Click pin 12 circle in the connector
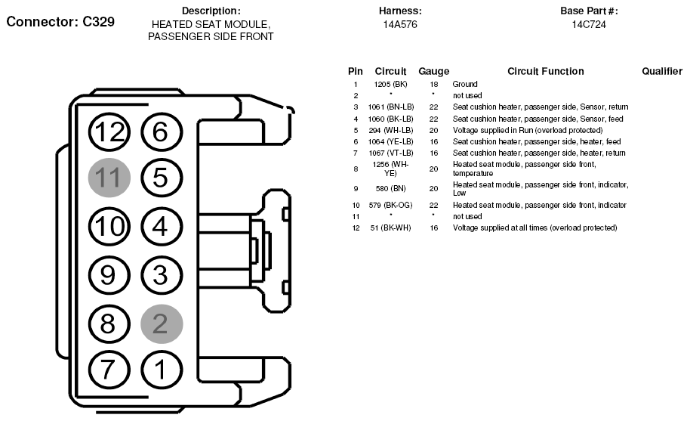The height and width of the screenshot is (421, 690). [x=109, y=132]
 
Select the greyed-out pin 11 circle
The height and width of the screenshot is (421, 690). [x=109, y=178]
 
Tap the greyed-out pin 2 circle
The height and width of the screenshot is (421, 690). [x=162, y=323]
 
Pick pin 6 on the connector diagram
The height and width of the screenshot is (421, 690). [x=162, y=132]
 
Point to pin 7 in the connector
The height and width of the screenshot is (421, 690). [x=109, y=370]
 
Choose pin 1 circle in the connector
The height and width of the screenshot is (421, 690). [x=162, y=370]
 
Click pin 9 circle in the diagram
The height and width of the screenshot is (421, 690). [x=109, y=274]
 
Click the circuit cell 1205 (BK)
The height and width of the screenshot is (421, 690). [x=390, y=84]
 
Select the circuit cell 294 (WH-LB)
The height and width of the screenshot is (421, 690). [x=390, y=130]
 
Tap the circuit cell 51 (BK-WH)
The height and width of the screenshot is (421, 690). [x=390, y=228]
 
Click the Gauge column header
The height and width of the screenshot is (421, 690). [x=433, y=71]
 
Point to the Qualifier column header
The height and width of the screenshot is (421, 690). [x=662, y=71]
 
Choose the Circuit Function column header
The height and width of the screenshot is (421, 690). [x=545, y=71]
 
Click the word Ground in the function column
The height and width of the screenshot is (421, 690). [x=465, y=84]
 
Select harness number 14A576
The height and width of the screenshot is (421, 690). [x=400, y=24]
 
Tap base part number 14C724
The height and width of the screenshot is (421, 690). [x=589, y=24]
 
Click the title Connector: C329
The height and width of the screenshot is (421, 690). [x=60, y=21]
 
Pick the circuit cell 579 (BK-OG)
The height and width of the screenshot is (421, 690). [x=390, y=205]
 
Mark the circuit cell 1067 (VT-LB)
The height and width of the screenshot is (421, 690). [x=390, y=153]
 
